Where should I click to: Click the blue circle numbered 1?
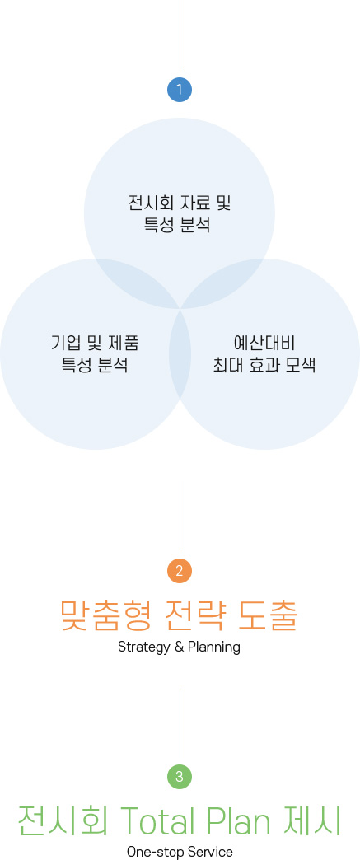180,90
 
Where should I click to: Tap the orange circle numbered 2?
180,571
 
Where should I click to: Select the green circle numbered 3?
180,777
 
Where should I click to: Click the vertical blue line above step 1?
180,34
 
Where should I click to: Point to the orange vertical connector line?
180,516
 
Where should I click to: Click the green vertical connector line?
180,723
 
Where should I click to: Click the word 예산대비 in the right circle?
264,344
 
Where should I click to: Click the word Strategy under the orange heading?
144,647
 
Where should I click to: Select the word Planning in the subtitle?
214,647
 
